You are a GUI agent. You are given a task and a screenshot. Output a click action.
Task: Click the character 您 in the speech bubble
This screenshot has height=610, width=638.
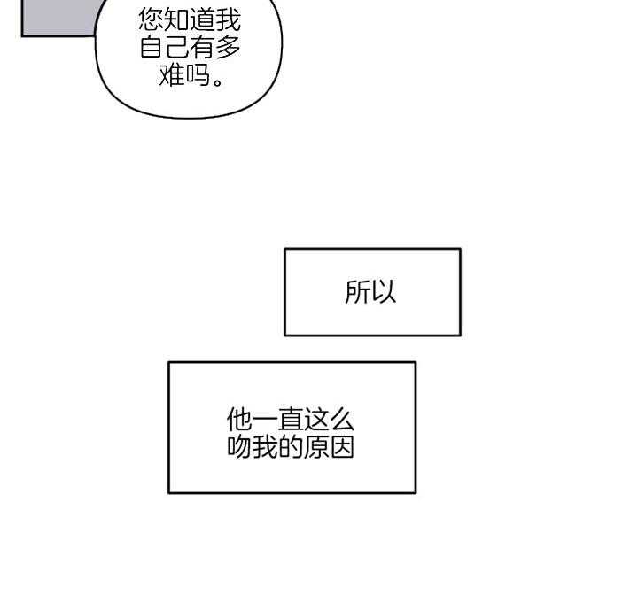point(152,20)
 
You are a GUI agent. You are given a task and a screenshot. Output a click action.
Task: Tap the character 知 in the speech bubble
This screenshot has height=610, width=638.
point(177,20)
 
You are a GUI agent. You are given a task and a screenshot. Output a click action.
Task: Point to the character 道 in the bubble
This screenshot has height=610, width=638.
point(203,20)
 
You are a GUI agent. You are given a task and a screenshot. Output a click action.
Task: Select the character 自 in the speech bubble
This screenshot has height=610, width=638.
point(152,49)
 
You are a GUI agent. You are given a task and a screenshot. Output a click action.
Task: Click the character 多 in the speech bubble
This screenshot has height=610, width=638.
point(229,49)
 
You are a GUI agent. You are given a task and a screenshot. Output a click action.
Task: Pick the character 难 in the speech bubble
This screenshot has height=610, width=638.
point(171,77)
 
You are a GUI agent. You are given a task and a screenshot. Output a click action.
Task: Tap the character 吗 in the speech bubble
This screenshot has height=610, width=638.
point(197,77)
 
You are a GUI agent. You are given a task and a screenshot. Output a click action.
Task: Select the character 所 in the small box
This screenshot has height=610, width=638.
point(358,292)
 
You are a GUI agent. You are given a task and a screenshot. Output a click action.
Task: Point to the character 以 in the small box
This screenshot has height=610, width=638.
point(384,292)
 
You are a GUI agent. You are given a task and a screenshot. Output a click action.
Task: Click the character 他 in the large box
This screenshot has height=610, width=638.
point(240,420)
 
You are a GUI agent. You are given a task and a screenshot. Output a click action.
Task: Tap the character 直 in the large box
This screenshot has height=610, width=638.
point(292,420)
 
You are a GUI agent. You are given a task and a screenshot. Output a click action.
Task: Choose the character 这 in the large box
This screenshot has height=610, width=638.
point(317,420)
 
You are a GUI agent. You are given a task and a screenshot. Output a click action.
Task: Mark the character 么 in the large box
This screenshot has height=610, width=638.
point(343,420)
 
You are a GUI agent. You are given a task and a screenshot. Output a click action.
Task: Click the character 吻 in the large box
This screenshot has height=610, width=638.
point(240,447)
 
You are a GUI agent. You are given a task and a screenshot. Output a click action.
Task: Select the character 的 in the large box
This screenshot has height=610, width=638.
point(292,447)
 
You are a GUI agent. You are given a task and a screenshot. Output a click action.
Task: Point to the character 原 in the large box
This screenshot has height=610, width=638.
point(317,447)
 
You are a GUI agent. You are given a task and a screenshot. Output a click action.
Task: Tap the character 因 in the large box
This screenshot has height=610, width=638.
point(343,447)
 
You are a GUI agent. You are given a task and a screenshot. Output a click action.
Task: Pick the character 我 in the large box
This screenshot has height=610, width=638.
point(266,447)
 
